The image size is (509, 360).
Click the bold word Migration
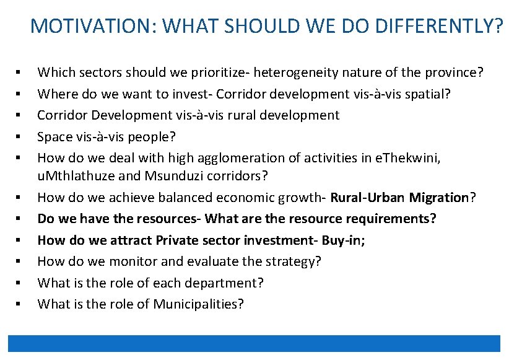click(x=441, y=198)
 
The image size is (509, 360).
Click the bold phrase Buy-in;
click(x=343, y=240)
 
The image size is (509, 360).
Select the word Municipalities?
click(x=199, y=304)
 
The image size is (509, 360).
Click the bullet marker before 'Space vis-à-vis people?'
click(x=20, y=136)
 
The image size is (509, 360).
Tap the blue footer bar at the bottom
click(x=254, y=343)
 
